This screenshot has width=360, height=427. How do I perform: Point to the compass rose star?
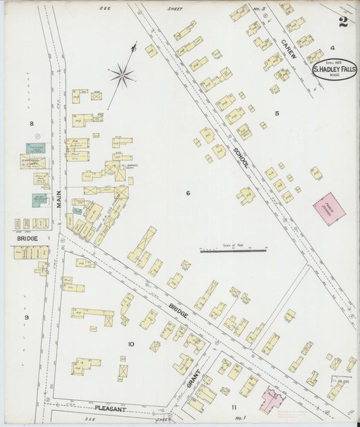122,74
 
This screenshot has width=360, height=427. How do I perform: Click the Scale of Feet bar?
233,251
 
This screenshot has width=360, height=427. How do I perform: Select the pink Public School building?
329,209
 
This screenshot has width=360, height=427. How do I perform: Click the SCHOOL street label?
239,157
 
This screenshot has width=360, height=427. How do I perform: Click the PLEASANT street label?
110,409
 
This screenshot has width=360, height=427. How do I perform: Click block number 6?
188,193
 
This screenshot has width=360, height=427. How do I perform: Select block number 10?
131,344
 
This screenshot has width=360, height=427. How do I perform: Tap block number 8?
31,124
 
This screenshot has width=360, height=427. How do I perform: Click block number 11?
234,407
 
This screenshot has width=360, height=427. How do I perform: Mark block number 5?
276,113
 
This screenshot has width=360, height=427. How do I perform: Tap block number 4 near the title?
332,48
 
